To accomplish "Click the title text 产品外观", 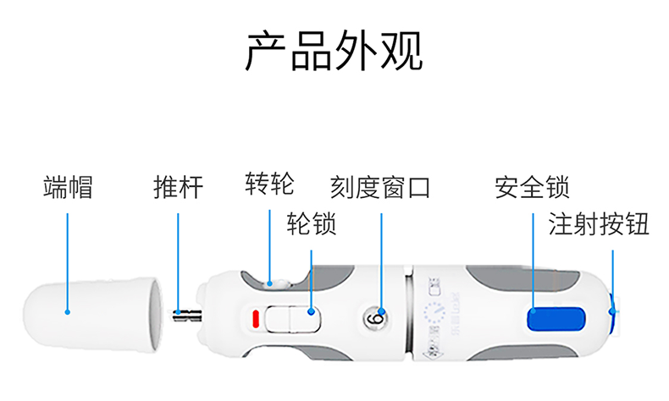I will click(x=334, y=52).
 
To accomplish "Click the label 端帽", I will click(x=68, y=187).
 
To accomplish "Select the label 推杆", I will click(x=179, y=187).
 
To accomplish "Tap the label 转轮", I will click(x=270, y=182).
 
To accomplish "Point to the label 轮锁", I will click(x=312, y=224).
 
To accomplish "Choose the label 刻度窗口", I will click(x=381, y=187).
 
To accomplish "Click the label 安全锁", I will click(x=532, y=187).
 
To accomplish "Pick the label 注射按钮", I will click(x=599, y=224).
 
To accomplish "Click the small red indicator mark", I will click(x=254, y=319).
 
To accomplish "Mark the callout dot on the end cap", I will click(x=69, y=312).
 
